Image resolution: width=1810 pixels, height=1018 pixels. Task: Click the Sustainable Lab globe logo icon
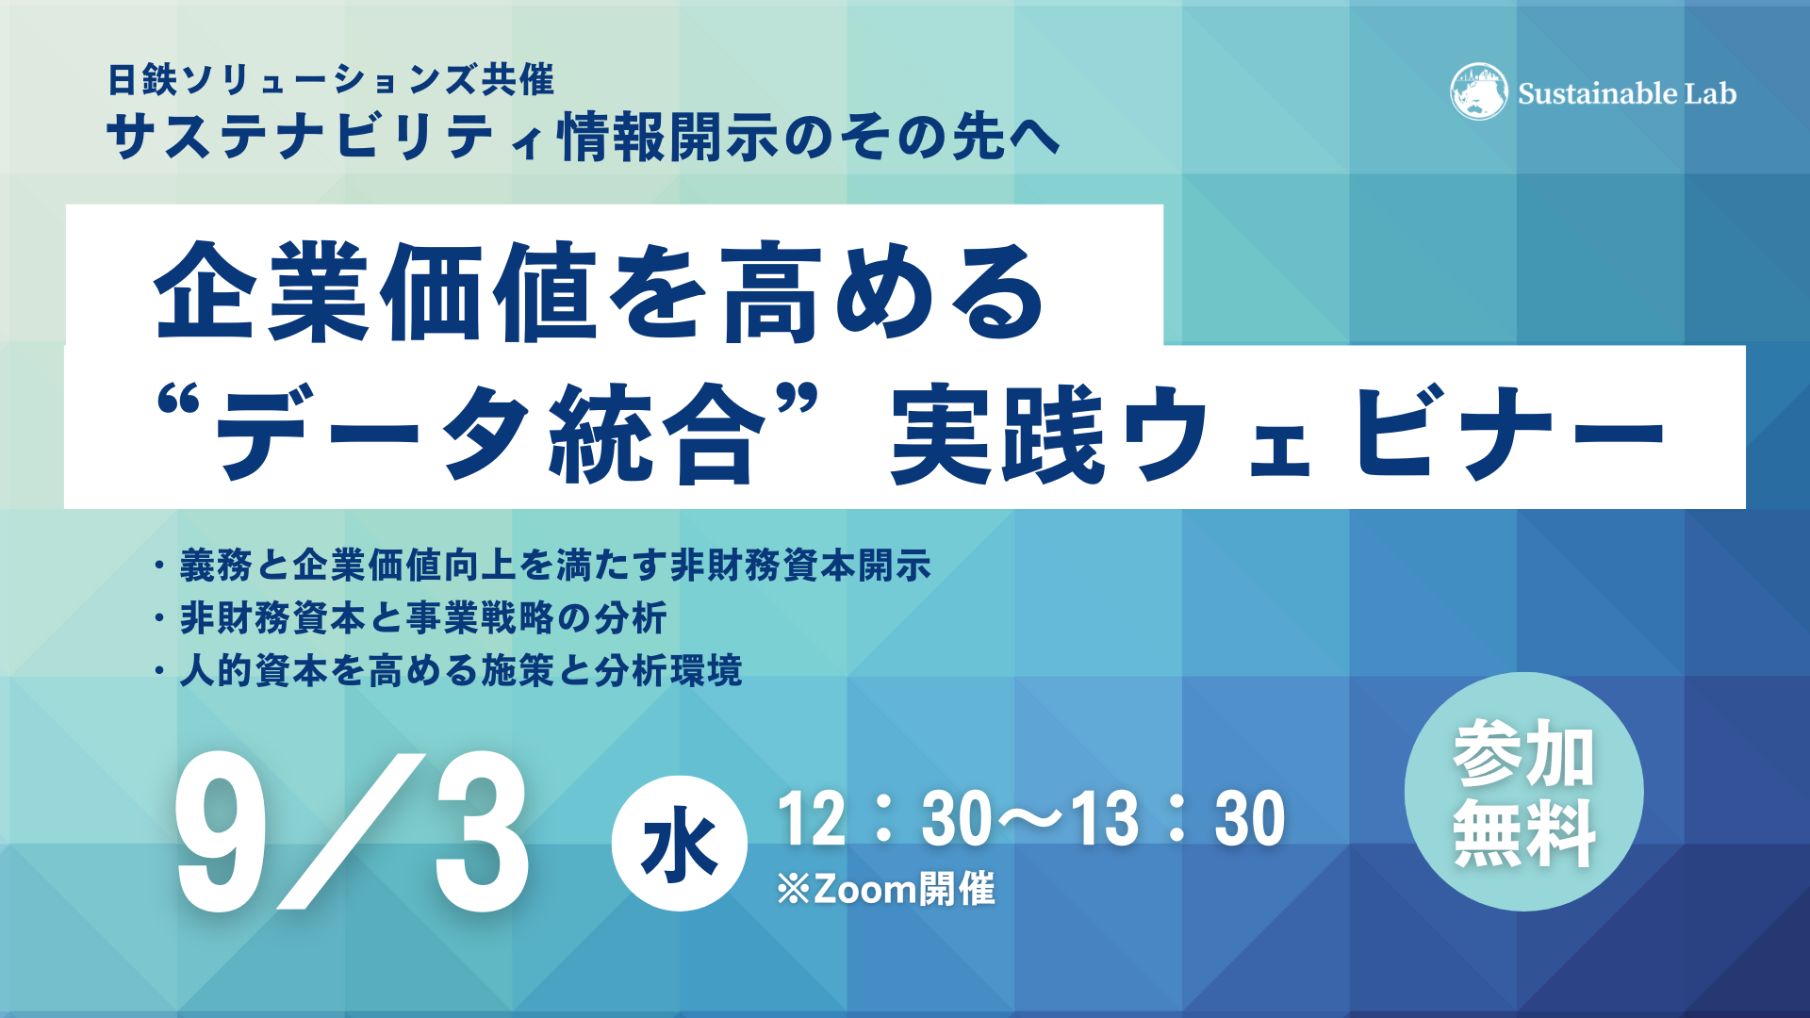1479,91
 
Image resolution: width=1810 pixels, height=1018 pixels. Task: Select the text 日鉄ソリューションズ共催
331,79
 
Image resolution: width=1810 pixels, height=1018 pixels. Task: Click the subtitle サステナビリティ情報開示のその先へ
584,137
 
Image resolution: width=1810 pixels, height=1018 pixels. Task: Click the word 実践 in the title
998,435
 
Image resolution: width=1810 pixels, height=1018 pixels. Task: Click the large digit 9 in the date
222,832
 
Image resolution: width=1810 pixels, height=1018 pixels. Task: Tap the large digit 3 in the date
481,832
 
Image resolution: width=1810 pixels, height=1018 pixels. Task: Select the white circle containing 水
679,844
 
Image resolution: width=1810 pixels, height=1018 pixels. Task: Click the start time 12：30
884,818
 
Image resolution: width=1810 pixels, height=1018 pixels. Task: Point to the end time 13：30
1177,818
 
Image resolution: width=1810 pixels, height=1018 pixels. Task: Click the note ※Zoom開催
885,889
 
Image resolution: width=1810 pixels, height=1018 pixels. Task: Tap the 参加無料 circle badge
1523,792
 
